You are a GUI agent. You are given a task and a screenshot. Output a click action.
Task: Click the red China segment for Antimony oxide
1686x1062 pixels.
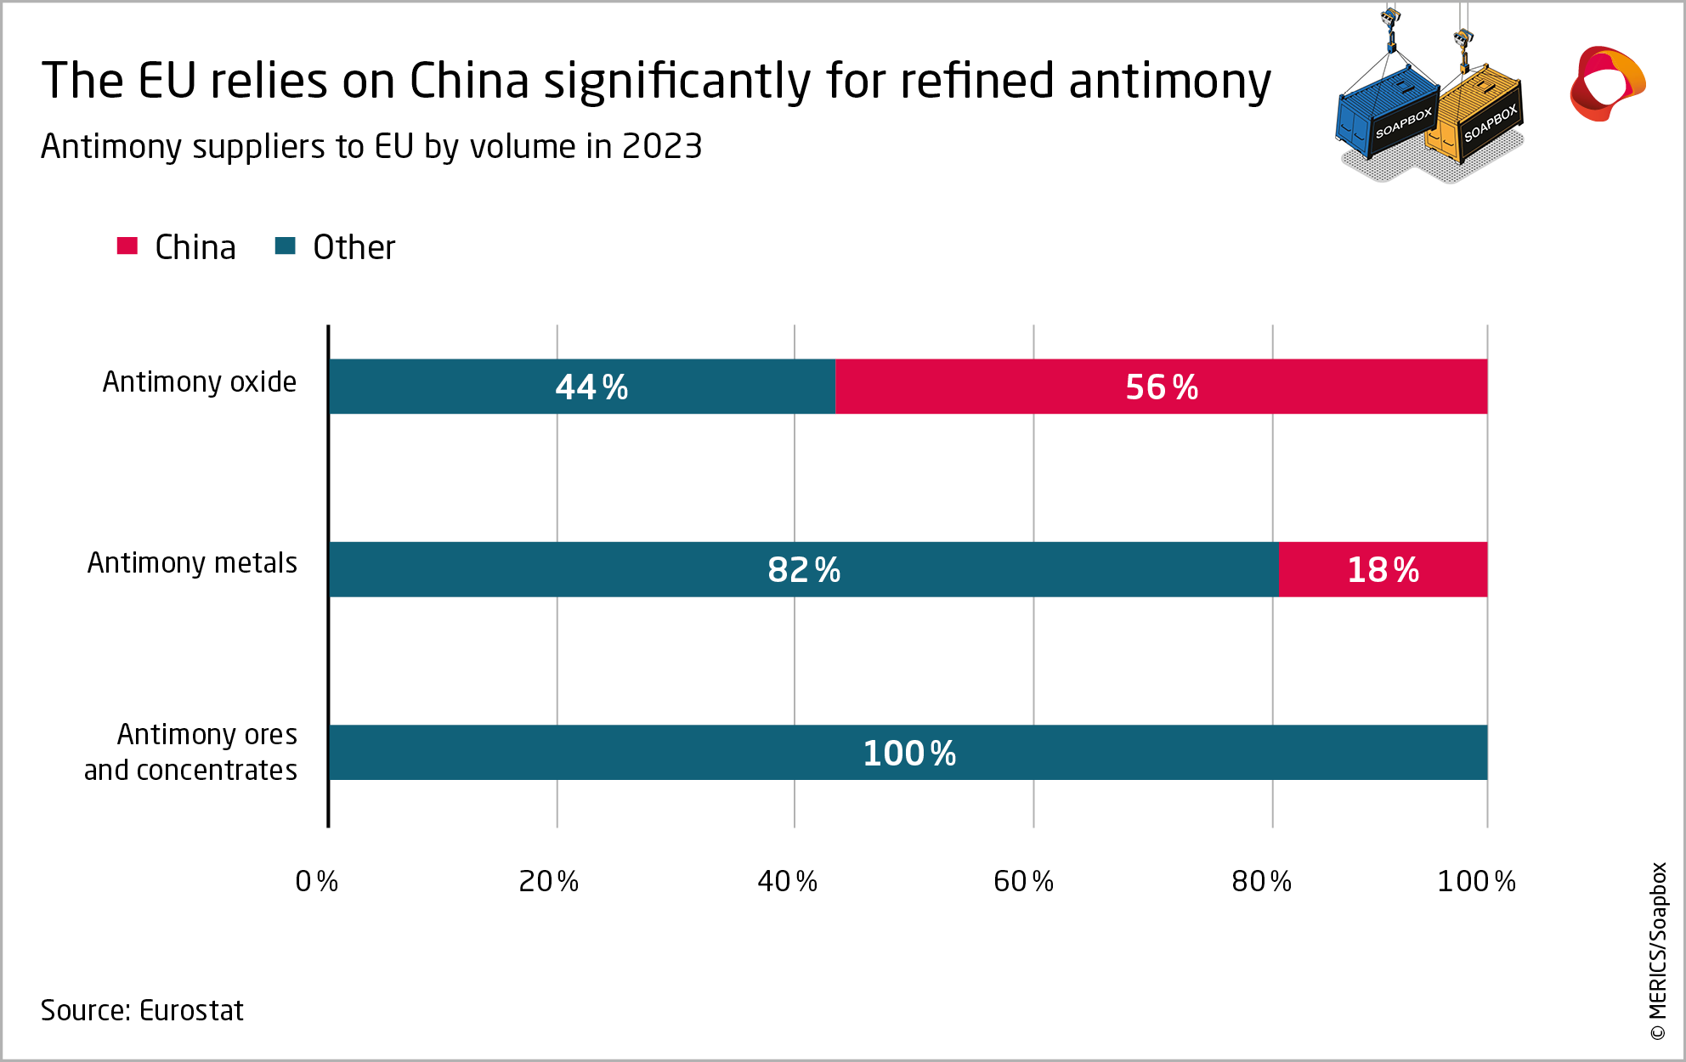[1161, 387]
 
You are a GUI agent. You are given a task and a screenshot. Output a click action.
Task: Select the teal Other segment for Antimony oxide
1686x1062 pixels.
[582, 387]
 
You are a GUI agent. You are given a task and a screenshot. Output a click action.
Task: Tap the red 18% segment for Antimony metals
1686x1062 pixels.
[1383, 569]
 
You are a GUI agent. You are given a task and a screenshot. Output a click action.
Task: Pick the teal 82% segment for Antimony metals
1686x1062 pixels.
[803, 569]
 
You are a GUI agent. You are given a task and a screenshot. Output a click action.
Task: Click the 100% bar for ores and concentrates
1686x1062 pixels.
[908, 753]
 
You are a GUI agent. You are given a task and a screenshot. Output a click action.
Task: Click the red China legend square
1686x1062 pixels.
[127, 246]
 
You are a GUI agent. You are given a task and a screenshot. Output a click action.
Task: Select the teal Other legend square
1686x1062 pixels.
[286, 246]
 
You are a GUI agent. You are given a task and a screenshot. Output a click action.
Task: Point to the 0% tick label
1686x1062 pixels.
[316, 882]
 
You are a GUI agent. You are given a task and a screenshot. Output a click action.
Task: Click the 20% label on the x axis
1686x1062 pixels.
[548, 882]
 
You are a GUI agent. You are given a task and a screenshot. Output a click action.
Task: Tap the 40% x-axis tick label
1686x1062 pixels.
[787, 882]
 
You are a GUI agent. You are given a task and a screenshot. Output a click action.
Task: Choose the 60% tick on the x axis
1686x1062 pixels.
[1023, 882]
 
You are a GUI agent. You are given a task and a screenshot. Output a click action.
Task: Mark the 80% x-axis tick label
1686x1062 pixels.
[1261, 882]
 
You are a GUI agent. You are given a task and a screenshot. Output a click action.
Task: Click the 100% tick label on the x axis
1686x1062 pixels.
[1476, 882]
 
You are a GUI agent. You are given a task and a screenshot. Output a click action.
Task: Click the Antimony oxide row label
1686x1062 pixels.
[200, 382]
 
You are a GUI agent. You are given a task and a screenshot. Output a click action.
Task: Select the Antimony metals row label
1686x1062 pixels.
[192, 563]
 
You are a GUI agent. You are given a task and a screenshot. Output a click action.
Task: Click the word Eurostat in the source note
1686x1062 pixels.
[191, 1010]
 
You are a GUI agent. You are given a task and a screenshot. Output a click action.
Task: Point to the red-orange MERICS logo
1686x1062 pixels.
[1606, 83]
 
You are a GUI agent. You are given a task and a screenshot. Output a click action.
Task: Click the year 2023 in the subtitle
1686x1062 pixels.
[661, 147]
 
